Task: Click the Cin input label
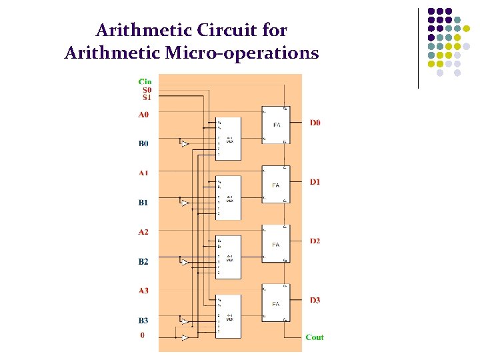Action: pos(145,81)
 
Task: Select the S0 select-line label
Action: pos(147,89)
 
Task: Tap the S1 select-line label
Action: pos(147,97)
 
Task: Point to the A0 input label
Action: pos(143,115)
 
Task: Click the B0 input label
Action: pos(143,143)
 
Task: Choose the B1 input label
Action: pos(143,202)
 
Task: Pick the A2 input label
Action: pos(143,232)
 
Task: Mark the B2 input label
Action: pos(143,261)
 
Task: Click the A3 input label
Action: pos(143,291)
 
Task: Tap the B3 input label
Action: pos(143,320)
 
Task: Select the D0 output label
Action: pos(315,123)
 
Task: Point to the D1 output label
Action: pos(315,182)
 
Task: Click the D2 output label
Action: pos(315,241)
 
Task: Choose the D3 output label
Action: pos(315,300)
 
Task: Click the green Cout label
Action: pos(314,337)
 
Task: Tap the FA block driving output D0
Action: pos(275,125)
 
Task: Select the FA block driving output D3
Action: pos(275,304)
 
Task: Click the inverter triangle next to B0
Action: pos(184,143)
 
